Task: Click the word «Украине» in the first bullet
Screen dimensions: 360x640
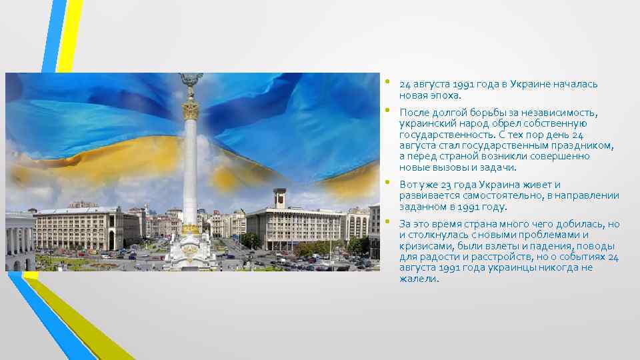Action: tap(523, 84)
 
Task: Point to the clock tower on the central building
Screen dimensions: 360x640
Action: tap(280, 198)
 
